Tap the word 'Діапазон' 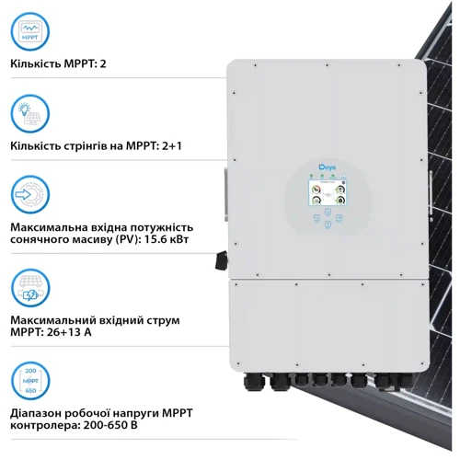coord(33,413)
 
